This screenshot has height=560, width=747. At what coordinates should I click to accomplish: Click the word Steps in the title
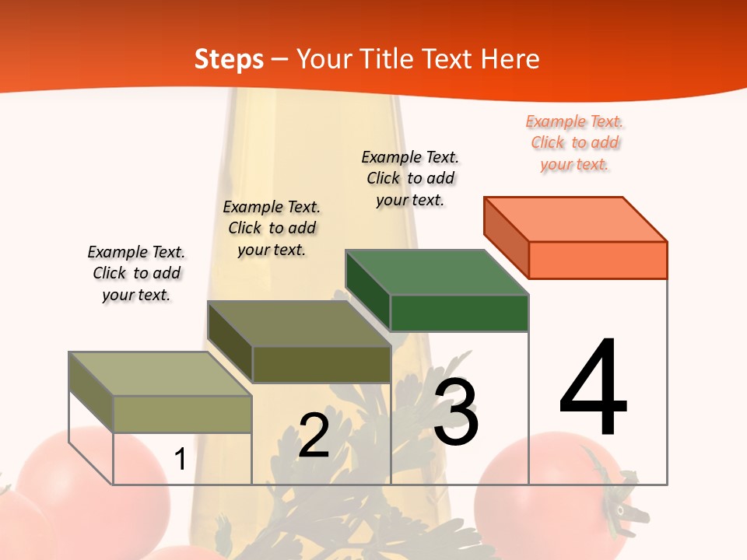pos(229,59)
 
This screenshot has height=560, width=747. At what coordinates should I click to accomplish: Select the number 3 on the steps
pos(455,412)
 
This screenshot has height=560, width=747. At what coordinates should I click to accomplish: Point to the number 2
pos(314,436)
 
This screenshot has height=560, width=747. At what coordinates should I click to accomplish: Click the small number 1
pos(181,459)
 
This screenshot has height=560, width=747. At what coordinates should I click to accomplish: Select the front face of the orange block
pos(598,260)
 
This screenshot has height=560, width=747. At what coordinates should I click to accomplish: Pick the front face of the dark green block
pos(459,313)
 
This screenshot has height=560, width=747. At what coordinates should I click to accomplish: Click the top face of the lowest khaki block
pos(160,373)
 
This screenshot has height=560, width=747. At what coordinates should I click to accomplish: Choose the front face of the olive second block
pos(321,364)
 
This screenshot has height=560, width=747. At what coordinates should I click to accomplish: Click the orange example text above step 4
pos(574,143)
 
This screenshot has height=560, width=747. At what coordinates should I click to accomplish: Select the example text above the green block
pos(410,179)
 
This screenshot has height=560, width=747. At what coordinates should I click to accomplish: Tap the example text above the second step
pos(272,229)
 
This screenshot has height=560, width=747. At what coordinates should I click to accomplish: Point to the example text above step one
pos(136,274)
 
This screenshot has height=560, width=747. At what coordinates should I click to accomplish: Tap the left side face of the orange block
pos(506,236)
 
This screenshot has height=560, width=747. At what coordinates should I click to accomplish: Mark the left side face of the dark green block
pos(367,289)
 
